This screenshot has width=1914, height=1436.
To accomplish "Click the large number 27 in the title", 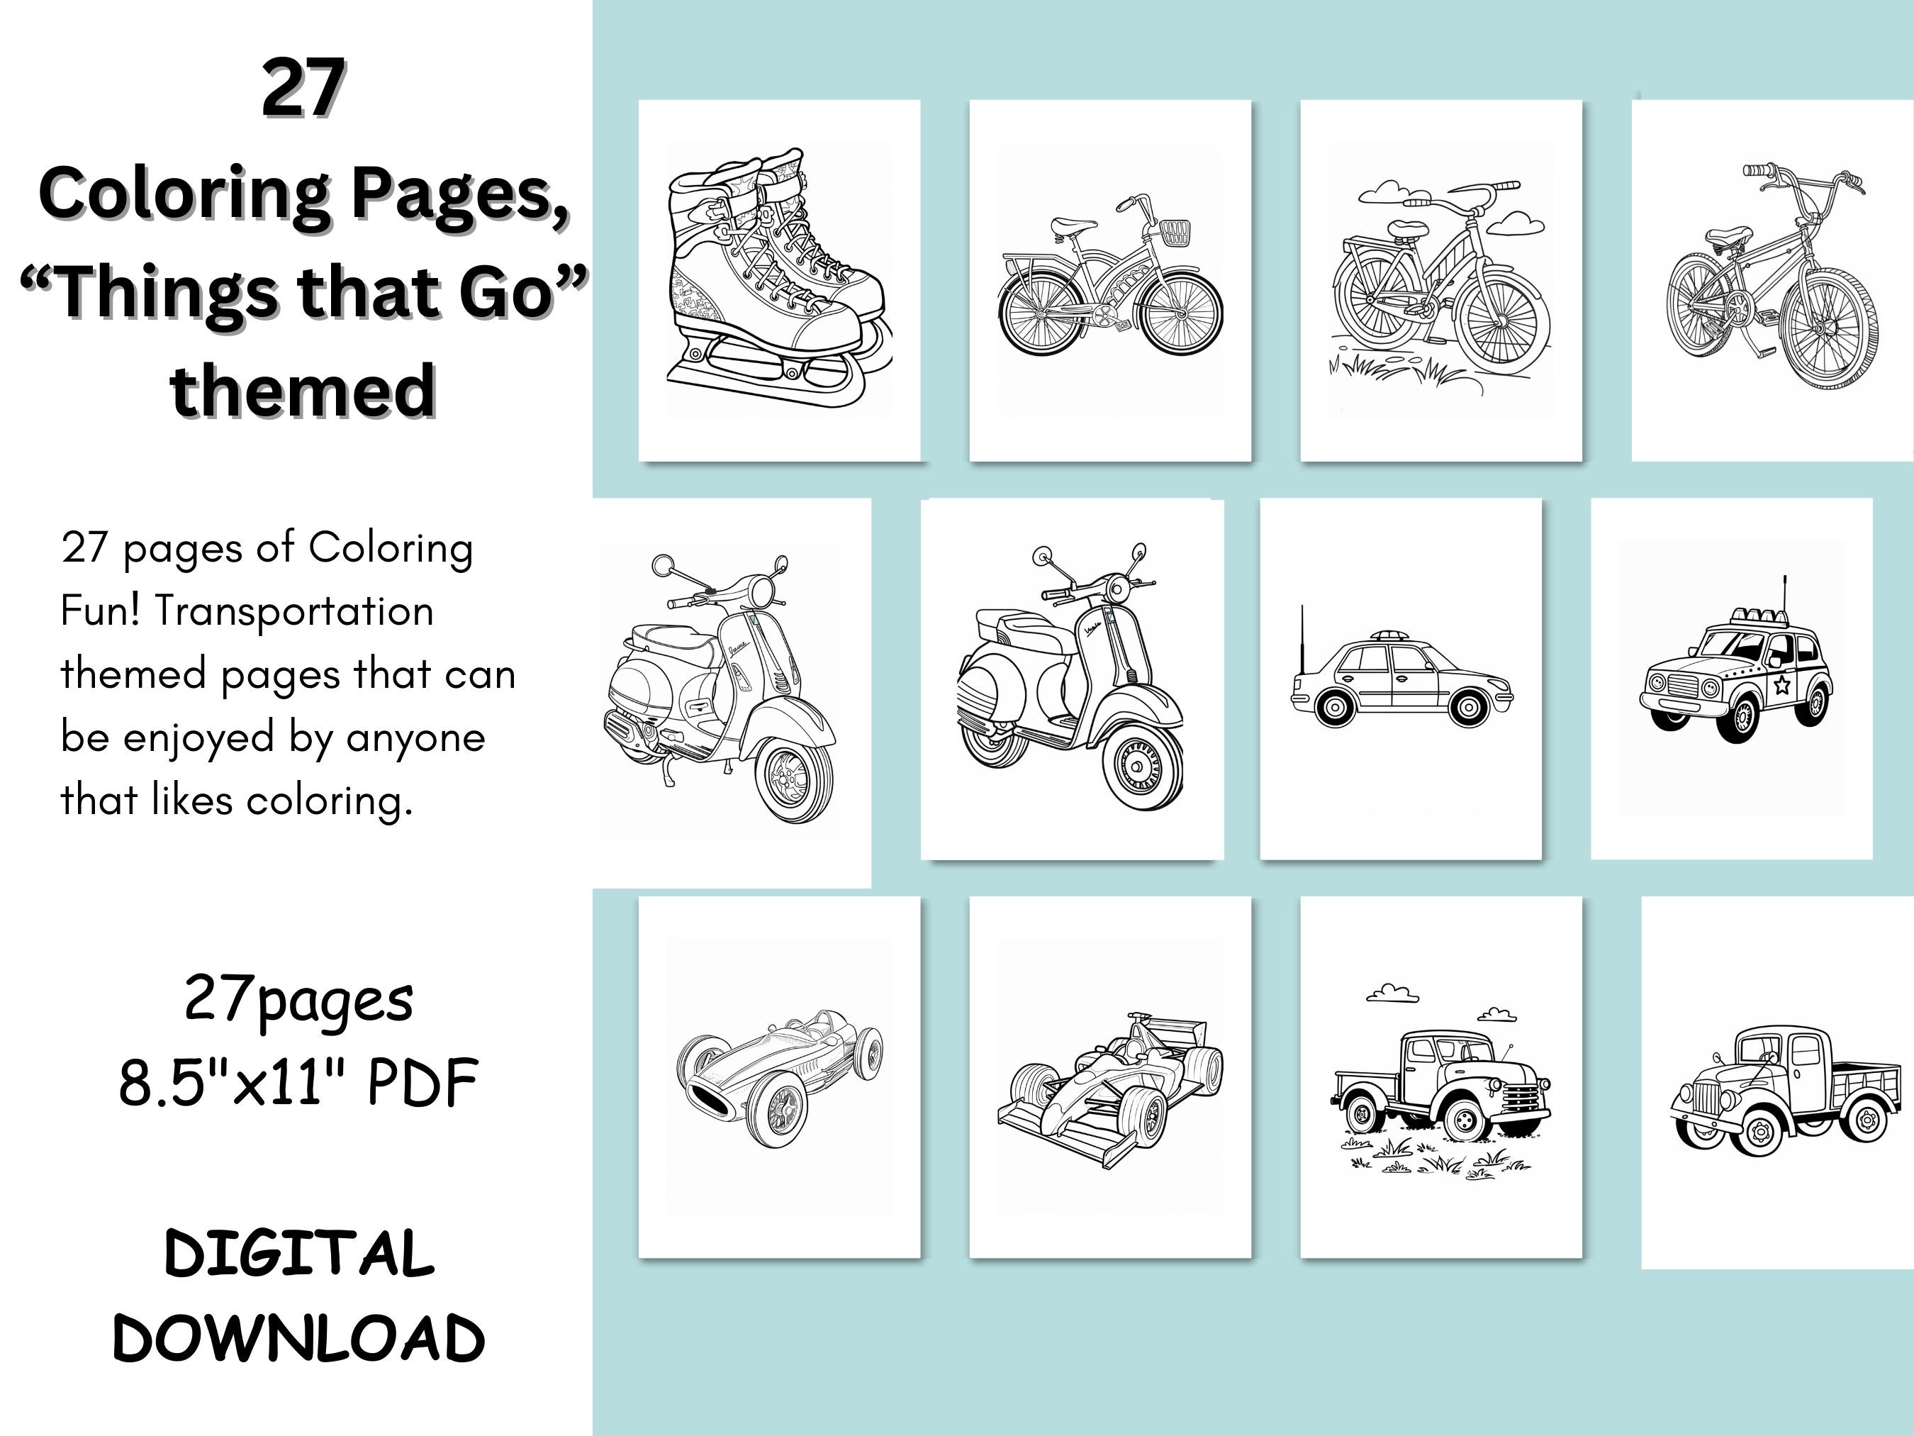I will click(x=303, y=89).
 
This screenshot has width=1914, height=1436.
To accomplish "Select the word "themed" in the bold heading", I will click(x=303, y=391).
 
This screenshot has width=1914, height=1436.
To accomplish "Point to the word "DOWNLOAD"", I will click(x=298, y=1338).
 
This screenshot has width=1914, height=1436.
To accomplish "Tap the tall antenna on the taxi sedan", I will click(x=1302, y=640).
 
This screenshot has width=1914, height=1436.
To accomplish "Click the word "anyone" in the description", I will click(x=415, y=738).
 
